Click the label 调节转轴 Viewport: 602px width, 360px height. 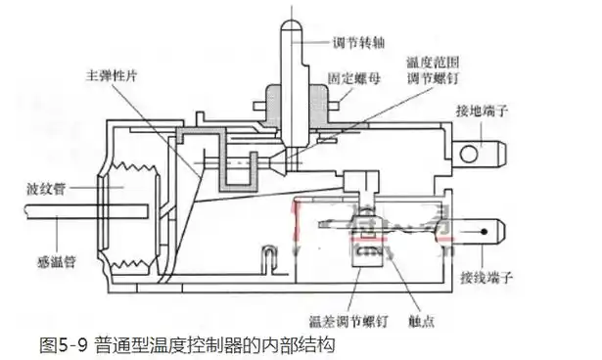(356, 46)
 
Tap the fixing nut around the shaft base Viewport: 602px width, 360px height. (295, 101)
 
